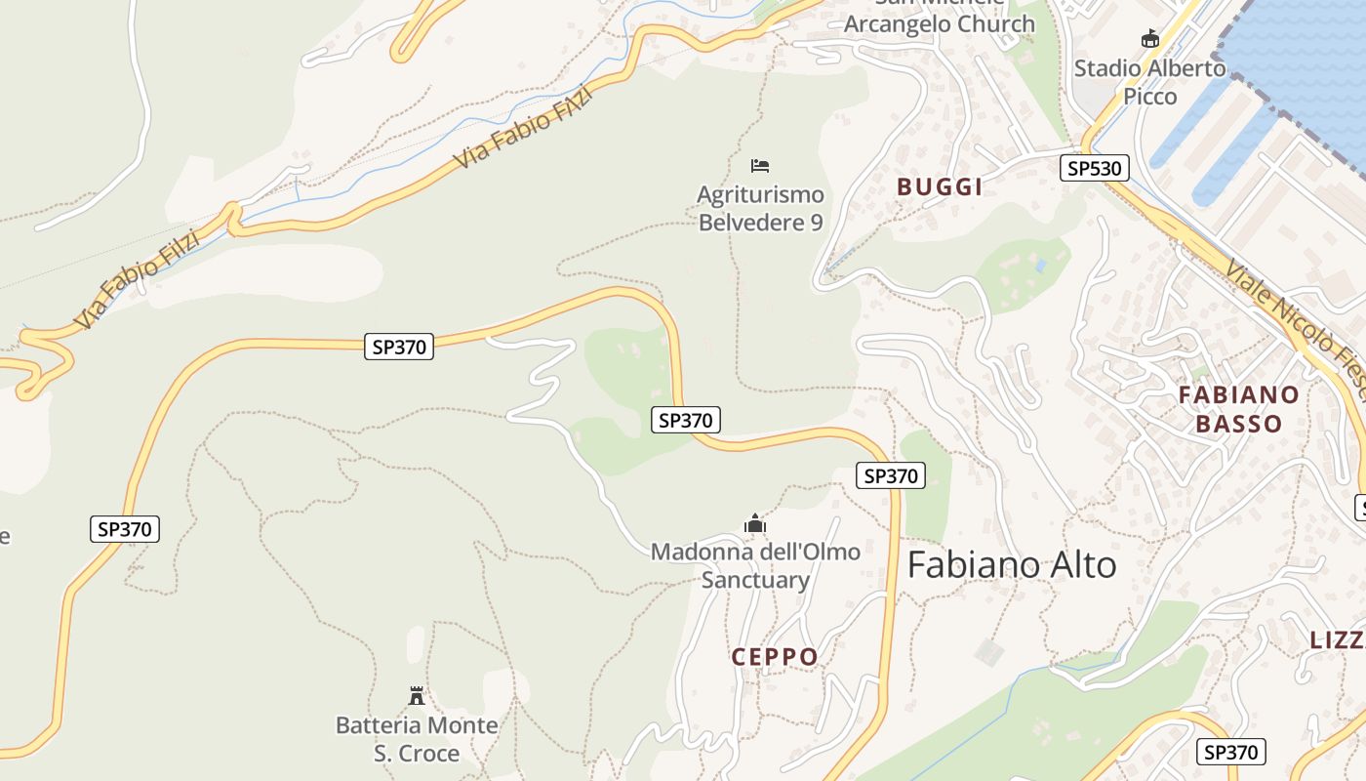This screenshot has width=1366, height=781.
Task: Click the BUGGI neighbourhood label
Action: [940, 187]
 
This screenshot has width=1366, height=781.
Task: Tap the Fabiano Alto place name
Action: [1012, 565]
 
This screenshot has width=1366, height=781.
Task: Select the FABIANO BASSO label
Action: [1238, 409]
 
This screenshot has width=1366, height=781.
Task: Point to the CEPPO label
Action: [775, 657]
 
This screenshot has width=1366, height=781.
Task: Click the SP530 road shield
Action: [1094, 168]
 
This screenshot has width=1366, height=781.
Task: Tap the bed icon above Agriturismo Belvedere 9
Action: [760, 165]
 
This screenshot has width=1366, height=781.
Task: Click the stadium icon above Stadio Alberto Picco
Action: [1150, 39]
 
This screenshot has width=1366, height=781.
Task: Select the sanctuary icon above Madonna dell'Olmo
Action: [755, 524]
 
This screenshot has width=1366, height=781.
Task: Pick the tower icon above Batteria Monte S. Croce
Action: [417, 696]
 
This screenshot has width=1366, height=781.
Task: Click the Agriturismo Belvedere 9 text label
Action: [760, 209]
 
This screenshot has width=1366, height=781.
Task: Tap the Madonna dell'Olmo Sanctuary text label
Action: [755, 566]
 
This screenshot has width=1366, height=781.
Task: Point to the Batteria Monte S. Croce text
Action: [417, 739]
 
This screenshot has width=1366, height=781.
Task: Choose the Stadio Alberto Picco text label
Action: [1150, 82]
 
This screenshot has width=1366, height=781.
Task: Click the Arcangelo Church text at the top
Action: [939, 23]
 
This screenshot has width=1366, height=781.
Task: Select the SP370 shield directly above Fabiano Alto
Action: [890, 475]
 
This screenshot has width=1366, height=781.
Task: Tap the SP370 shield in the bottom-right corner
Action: [1230, 752]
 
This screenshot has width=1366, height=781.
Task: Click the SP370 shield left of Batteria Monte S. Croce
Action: [125, 529]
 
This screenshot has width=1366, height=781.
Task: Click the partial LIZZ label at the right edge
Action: [1337, 640]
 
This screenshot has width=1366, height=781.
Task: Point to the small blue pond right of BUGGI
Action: [1042, 266]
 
